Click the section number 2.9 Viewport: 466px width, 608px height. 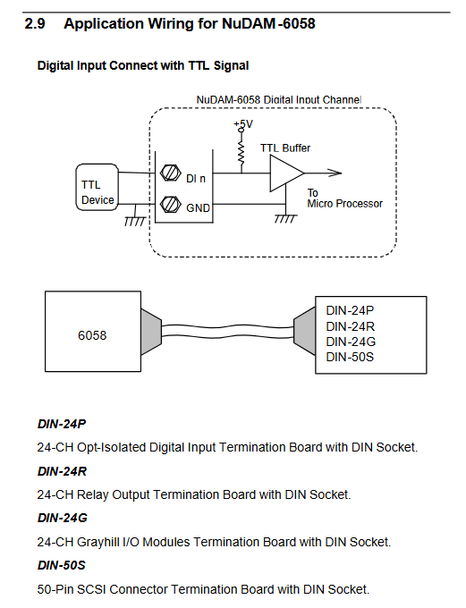point(35,23)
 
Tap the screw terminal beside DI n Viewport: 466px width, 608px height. point(170,173)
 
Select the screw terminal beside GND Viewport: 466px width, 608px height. point(170,205)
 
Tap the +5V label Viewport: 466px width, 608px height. point(243,124)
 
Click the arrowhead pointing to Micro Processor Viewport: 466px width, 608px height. point(335,173)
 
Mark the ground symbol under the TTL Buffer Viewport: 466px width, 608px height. point(285,219)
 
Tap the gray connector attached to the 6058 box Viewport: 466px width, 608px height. point(151,332)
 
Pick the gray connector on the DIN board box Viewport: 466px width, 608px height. point(305,331)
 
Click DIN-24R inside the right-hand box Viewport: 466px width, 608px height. point(350,326)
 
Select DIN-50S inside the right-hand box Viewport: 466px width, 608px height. point(350,357)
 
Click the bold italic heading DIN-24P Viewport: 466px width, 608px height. point(62,424)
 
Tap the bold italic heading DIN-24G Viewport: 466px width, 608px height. point(63,518)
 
